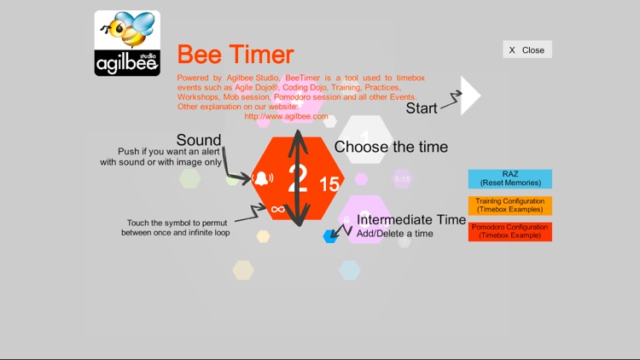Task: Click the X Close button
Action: pyautogui.click(x=527, y=49)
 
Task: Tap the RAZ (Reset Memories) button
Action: pyautogui.click(x=509, y=178)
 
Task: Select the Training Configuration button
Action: pyautogui.click(x=509, y=206)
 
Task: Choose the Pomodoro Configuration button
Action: pyautogui.click(x=509, y=232)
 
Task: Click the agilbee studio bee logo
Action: pyautogui.click(x=127, y=44)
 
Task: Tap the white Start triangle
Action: pyautogui.click(x=469, y=96)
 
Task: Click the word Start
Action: pyautogui.click(x=422, y=108)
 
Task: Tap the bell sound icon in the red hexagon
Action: pyautogui.click(x=262, y=179)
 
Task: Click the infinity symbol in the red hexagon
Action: pyautogui.click(x=276, y=208)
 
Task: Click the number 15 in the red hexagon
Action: pyautogui.click(x=329, y=183)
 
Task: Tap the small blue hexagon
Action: pyautogui.click(x=330, y=235)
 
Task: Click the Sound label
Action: pyautogui.click(x=199, y=140)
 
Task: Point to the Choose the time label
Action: pyautogui.click(x=391, y=147)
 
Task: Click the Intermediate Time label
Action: pyautogui.click(x=411, y=219)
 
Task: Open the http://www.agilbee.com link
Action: pyautogui.click(x=286, y=116)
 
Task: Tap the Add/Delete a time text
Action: pyautogui.click(x=394, y=234)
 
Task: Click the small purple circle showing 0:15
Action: pyautogui.click(x=402, y=179)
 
